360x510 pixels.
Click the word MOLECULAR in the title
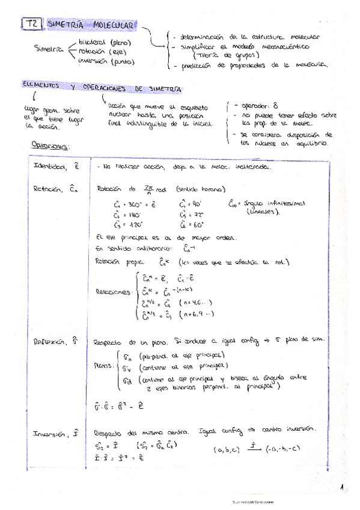coord(114,25)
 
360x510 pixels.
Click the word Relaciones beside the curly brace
coord(114,292)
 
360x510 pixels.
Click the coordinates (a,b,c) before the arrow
coord(227,449)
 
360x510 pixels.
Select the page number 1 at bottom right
coord(341,489)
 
